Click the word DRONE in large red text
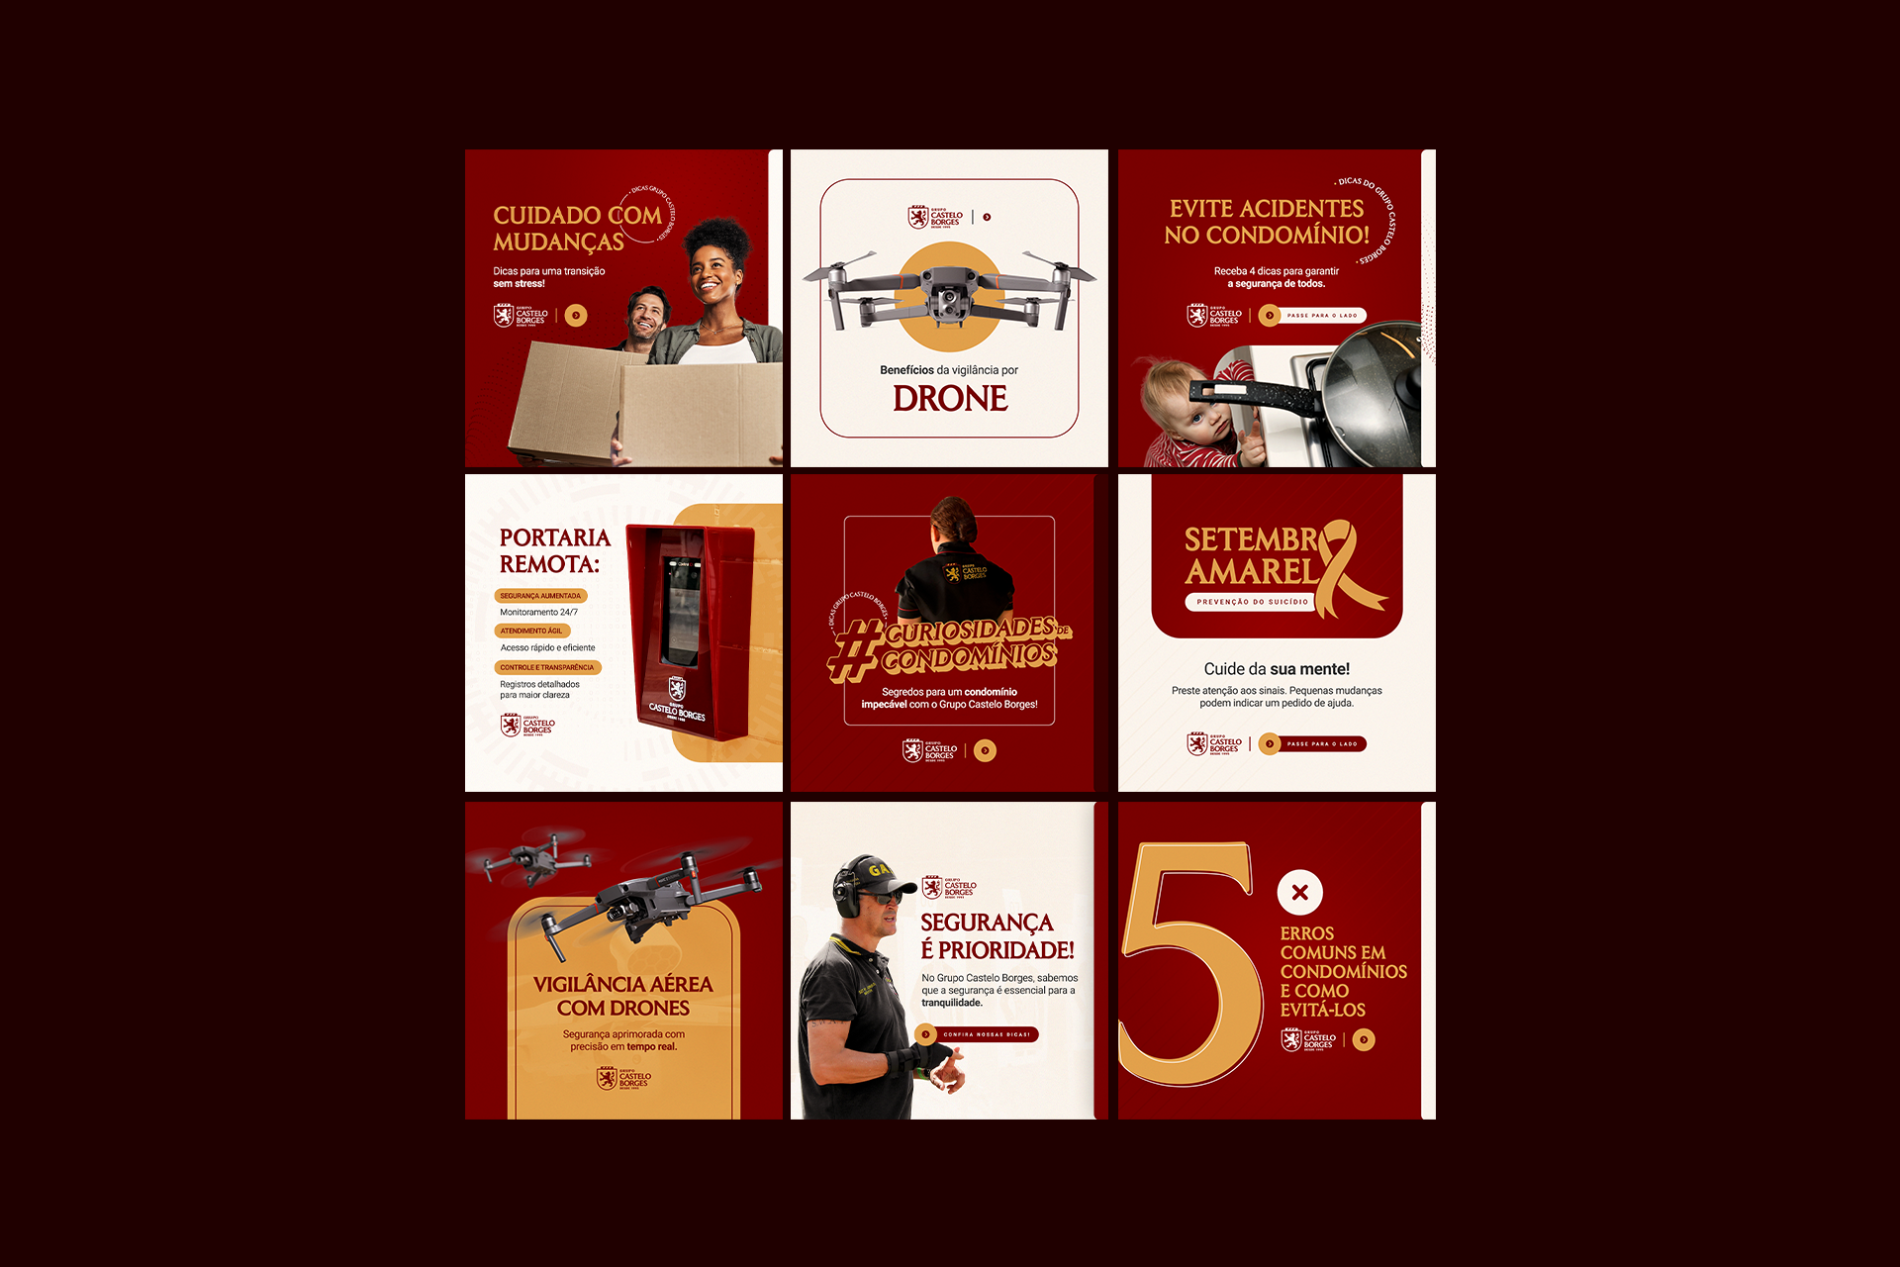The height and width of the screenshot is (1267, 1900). point(950,399)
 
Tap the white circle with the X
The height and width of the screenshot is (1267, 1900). point(1299,892)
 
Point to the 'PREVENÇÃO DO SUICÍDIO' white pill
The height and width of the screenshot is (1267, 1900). point(1252,602)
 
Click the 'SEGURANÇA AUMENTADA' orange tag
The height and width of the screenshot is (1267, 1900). point(540,596)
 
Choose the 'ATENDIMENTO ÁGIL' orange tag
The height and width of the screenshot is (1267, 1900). point(531,631)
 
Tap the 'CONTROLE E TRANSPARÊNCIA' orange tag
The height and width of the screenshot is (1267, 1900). point(547,667)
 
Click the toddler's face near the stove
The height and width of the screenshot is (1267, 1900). point(1187,411)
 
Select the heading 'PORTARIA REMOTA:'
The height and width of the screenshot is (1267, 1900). point(555,550)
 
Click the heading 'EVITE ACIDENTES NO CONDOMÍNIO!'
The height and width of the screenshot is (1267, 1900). point(1267,222)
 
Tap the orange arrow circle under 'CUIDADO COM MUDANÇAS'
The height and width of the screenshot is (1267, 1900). point(576,316)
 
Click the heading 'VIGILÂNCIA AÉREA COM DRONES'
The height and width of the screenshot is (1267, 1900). point(623,996)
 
